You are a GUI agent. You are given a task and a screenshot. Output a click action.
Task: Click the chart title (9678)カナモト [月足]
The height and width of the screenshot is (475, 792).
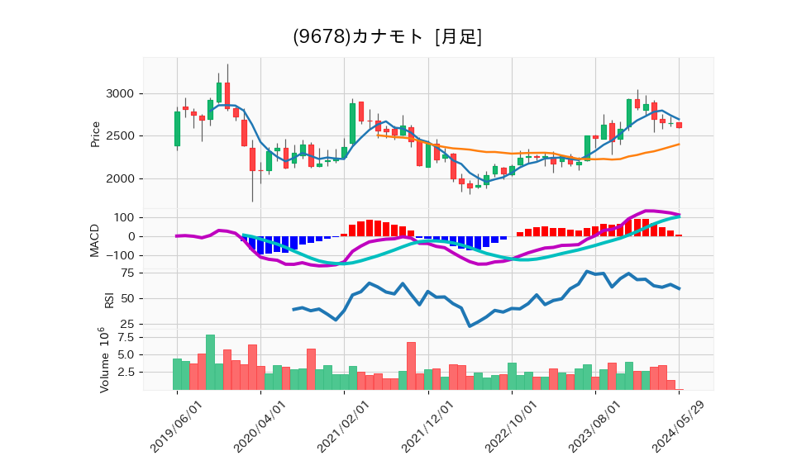(x=387, y=37)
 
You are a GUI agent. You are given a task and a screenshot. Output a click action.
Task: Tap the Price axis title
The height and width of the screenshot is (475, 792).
(x=95, y=134)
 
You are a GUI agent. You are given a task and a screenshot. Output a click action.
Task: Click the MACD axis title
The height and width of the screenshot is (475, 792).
(x=95, y=240)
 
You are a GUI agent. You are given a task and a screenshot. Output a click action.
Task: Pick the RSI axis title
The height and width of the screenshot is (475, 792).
(x=108, y=298)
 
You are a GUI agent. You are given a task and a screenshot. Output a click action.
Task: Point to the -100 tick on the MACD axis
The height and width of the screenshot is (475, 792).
(x=120, y=255)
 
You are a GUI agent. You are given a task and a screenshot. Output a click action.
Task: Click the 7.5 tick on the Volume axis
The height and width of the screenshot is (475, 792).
(x=125, y=337)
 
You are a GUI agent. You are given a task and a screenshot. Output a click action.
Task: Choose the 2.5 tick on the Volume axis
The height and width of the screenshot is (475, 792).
(x=125, y=372)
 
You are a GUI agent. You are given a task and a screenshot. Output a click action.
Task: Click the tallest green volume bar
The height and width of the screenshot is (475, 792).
(x=210, y=362)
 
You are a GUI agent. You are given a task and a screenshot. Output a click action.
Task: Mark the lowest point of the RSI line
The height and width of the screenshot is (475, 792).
(x=470, y=325)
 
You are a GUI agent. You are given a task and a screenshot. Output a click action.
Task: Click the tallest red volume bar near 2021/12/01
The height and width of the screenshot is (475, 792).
(x=411, y=366)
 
